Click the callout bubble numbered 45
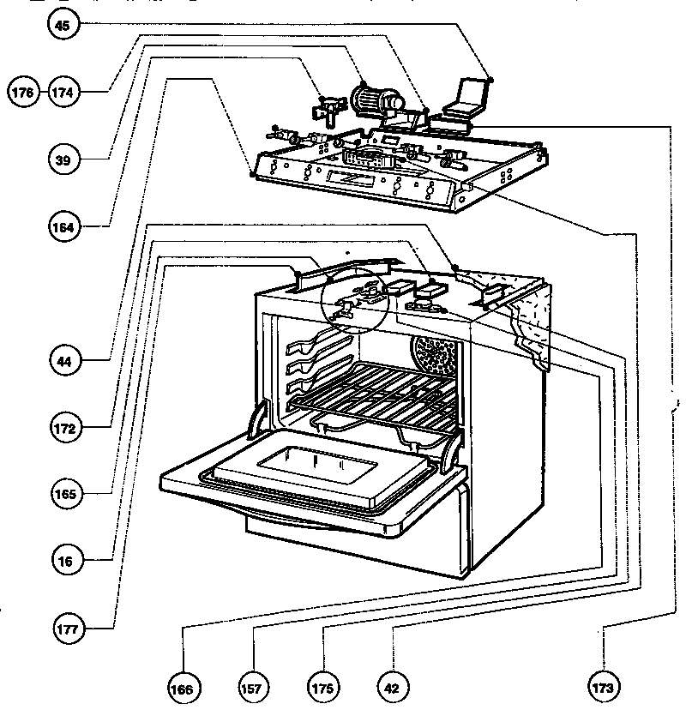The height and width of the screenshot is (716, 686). pos(63,26)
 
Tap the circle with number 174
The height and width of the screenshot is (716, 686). pos(63,91)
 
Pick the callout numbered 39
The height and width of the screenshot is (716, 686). pos(63,159)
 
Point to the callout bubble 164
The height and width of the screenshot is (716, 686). pos(63,227)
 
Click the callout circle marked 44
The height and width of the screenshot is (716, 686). pos(63,361)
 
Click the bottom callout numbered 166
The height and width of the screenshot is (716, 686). pos(185,688)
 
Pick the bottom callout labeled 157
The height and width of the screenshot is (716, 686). pos(255,688)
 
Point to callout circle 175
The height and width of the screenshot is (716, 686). pos(323,688)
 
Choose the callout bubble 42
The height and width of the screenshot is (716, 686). pos(392,688)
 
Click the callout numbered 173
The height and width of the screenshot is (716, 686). pos(604,688)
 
